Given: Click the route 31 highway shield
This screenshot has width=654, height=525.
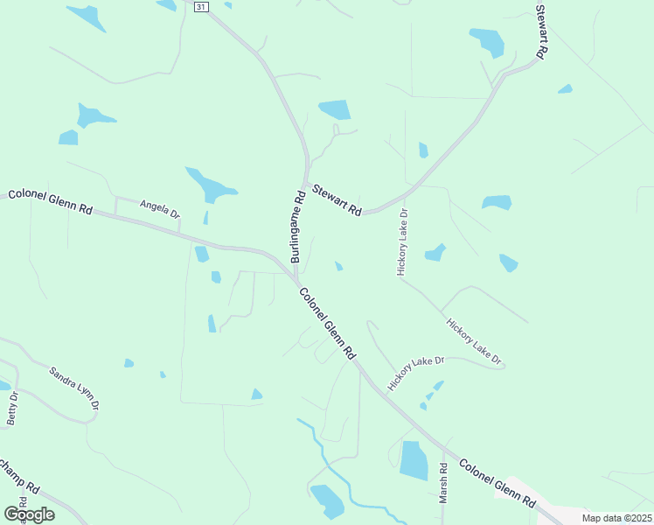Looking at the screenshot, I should pyautogui.click(x=202, y=6).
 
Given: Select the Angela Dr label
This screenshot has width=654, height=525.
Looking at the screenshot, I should pyautogui.click(x=160, y=207).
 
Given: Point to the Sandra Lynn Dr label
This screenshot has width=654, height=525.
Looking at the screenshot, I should pyautogui.click(x=74, y=388).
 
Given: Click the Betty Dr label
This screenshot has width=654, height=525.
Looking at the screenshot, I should pyautogui.click(x=12, y=409).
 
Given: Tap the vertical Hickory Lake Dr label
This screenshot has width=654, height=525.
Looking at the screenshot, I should pyautogui.click(x=402, y=242).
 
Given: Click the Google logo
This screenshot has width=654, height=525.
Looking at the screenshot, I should pyautogui.click(x=30, y=514).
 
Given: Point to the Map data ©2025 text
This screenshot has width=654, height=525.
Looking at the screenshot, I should pyautogui.click(x=616, y=518).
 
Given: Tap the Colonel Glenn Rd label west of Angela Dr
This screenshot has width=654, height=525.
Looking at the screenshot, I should pyautogui.click(x=51, y=201).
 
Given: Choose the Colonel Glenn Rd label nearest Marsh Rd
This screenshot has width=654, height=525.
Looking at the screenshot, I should pyautogui.click(x=497, y=484).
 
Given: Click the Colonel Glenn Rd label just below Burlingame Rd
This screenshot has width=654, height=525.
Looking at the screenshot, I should pyautogui.click(x=328, y=324).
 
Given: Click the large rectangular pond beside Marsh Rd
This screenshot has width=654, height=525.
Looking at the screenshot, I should pyautogui.click(x=414, y=459).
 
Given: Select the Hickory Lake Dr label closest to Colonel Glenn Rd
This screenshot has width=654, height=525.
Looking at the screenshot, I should pyautogui.click(x=417, y=373).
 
